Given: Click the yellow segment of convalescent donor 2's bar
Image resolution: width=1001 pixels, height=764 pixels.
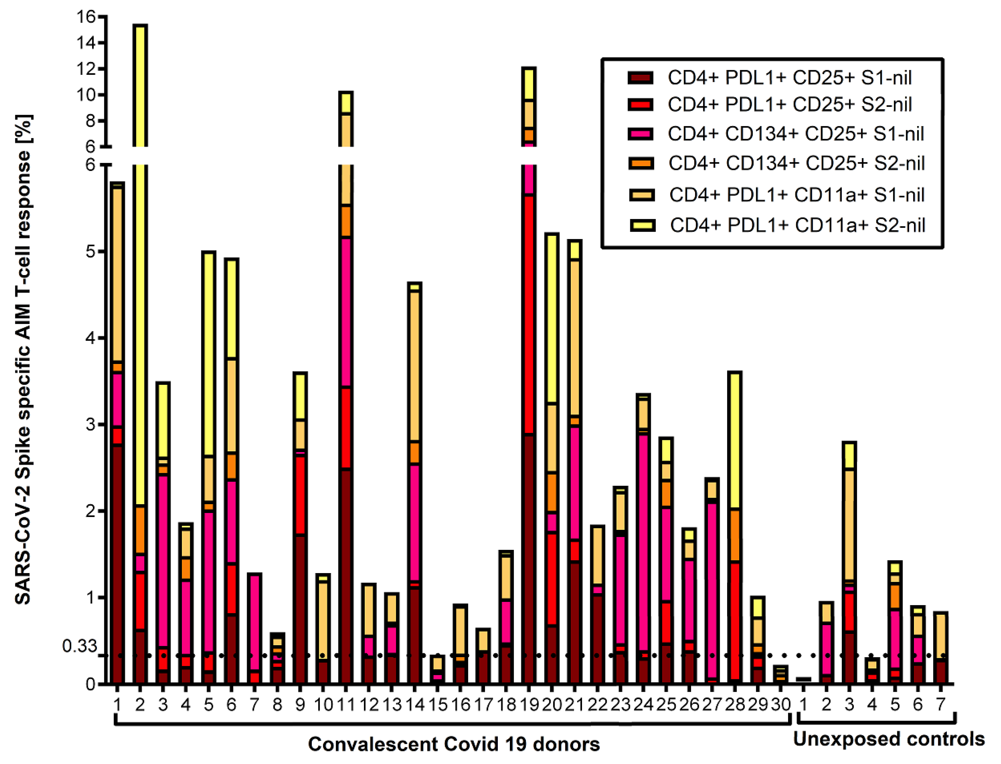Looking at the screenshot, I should (140, 318).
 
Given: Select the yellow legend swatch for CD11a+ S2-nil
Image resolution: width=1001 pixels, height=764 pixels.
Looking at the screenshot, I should (642, 225).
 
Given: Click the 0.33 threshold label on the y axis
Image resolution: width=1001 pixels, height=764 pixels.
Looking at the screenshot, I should (80, 646).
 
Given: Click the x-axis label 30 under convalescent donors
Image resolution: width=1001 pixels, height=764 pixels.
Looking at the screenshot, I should (780, 705).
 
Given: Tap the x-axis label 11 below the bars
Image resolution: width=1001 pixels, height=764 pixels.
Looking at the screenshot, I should (346, 705).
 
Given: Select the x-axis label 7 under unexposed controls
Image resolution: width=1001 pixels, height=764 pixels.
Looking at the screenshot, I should (941, 705).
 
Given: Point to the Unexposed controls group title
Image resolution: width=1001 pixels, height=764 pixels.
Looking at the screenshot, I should (889, 739).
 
